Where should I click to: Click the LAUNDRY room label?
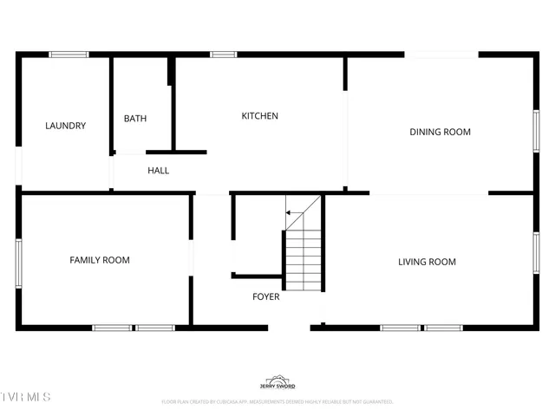click(65, 126)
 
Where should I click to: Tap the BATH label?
click(134, 119)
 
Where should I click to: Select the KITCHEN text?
click(259, 116)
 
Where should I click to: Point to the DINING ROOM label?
click(440, 133)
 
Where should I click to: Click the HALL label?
click(158, 171)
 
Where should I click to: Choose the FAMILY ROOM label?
click(100, 260)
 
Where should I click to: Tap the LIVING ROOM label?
click(427, 262)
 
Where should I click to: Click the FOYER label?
click(265, 297)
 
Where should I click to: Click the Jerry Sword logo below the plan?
click(277, 383)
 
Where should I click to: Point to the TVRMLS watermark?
click(26, 397)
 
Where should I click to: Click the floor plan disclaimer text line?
click(277, 402)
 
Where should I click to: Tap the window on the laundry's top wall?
click(69, 55)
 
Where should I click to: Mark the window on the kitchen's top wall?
click(224, 55)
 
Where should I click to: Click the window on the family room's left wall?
click(18, 262)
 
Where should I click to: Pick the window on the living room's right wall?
click(536, 257)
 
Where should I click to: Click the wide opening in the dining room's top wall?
click(441, 55)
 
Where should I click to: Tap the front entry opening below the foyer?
click(289, 328)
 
